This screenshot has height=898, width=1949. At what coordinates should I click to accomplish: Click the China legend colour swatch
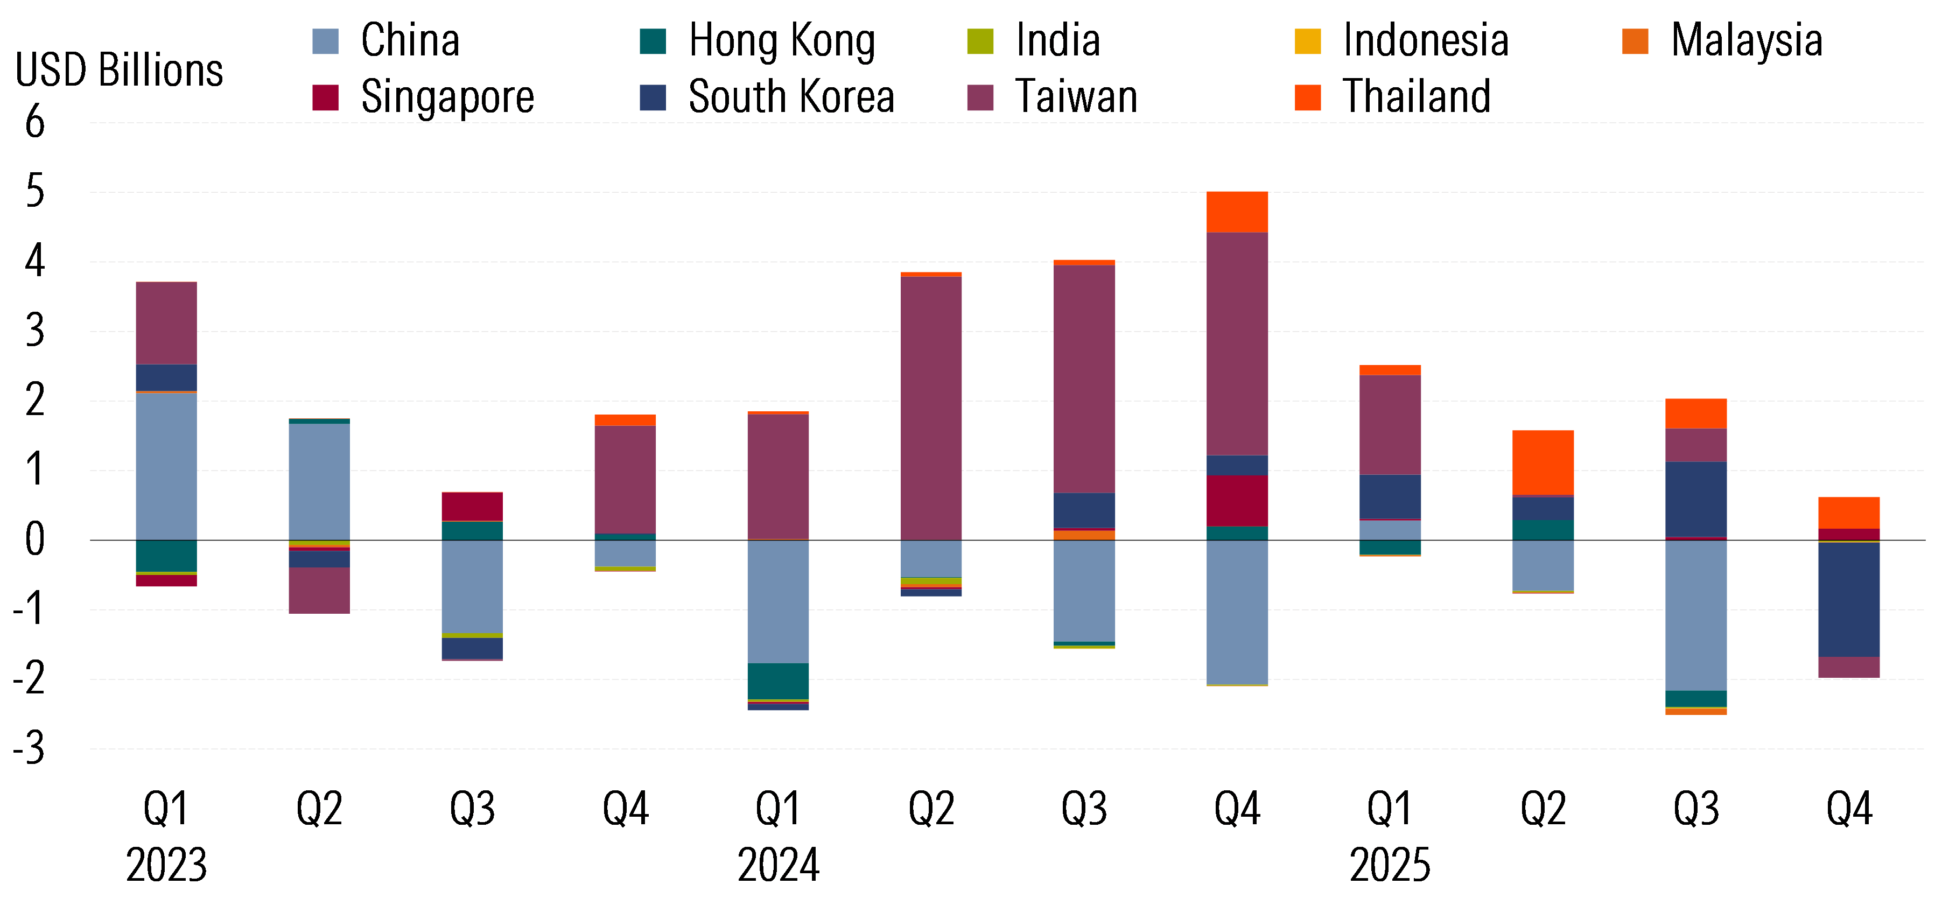pos(325,41)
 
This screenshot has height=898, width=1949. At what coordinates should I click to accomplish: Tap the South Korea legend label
pos(791,97)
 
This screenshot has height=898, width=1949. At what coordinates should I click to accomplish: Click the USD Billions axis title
pos(119,71)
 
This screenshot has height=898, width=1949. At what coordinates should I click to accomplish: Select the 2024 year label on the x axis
pos(778,865)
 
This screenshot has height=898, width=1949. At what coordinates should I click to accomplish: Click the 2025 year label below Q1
pos(1390,865)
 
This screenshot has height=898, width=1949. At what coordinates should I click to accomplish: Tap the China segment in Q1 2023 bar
pos(166,465)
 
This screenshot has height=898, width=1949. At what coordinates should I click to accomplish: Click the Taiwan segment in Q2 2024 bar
pos(930,409)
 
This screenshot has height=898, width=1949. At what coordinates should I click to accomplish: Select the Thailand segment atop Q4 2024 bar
pos(1237,212)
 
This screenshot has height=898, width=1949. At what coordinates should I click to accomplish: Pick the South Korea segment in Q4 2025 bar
pos(1848,599)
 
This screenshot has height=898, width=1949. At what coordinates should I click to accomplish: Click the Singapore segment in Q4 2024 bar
pos(1237,500)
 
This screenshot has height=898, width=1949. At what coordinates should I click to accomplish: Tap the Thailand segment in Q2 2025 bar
pos(1543,462)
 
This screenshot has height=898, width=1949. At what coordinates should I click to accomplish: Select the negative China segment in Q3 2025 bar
pos(1695,615)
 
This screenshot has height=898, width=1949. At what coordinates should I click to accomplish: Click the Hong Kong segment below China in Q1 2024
pos(778,681)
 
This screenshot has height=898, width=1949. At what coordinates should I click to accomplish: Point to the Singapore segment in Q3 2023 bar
pos(472,507)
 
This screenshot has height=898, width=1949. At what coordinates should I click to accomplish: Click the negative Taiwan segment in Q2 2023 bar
pos(319,590)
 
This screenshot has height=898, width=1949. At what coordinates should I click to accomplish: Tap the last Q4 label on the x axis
pos(1848,808)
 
